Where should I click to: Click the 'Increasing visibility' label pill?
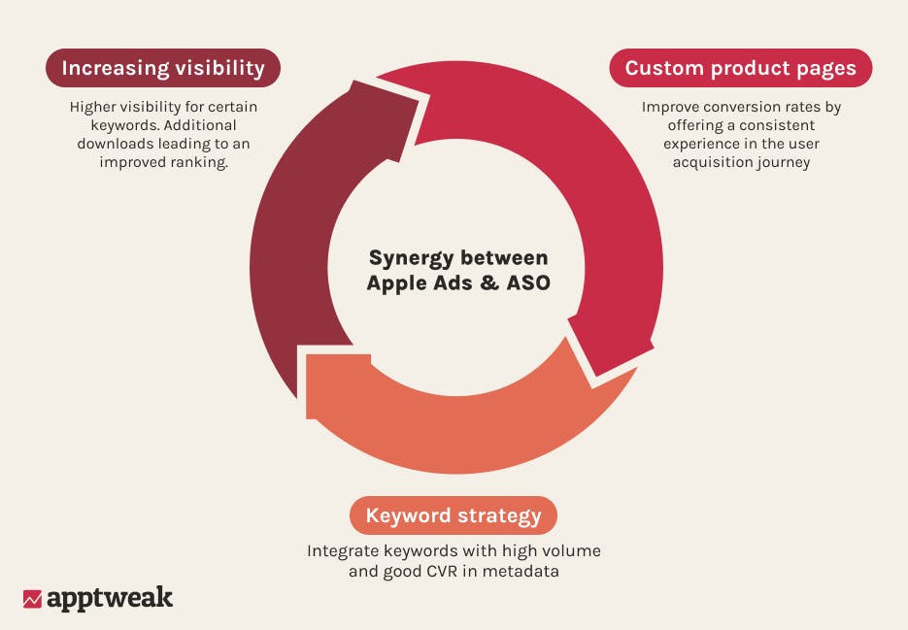click(x=163, y=68)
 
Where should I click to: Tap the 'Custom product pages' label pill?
click(x=740, y=68)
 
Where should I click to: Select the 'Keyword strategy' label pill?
click(x=454, y=515)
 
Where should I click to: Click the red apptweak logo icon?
click(x=32, y=599)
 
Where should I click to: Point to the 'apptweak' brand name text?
click(x=110, y=598)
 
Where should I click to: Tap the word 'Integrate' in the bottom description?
click(x=343, y=551)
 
